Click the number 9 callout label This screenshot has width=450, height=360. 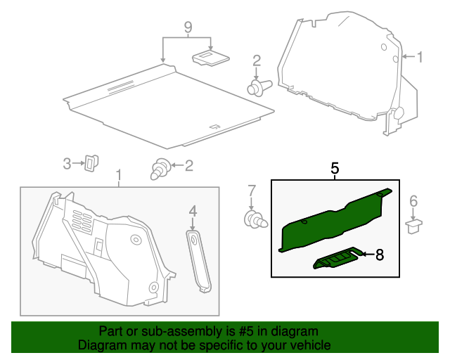[x=188, y=27]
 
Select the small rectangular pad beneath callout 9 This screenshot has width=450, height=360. [x=210, y=57]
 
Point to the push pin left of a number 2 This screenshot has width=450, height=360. [x=161, y=169]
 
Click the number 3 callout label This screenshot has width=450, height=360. [x=67, y=163]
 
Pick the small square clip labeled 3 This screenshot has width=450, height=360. [x=90, y=163]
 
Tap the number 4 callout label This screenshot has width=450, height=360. [x=193, y=210]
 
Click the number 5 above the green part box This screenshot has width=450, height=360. [x=335, y=169]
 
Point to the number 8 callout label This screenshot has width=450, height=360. [x=380, y=255]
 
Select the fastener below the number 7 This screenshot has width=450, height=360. [x=255, y=219]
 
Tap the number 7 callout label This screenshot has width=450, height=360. [x=252, y=191]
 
